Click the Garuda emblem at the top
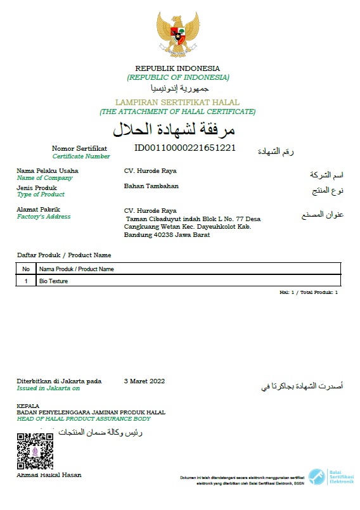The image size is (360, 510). tap(178, 35)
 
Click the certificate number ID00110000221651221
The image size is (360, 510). tap(185, 148)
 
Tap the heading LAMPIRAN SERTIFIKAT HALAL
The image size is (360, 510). tap(177, 102)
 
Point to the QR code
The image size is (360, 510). tap(34, 450)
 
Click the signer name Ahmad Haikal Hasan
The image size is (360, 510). tap(49, 475)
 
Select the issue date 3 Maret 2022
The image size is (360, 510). tap(145, 381)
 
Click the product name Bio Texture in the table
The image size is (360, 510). tap(53, 281)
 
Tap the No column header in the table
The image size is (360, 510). tap(26, 269)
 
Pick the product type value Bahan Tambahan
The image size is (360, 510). tap(151, 186)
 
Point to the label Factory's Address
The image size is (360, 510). tap(44, 217)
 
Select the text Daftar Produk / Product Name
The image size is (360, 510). tap(64, 255)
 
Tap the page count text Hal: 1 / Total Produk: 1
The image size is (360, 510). tap(309, 293)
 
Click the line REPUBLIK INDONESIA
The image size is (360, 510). tap(177, 68)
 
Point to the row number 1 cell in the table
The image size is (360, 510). tap(26, 281)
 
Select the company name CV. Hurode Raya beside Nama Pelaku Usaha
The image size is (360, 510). tap(150, 171)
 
